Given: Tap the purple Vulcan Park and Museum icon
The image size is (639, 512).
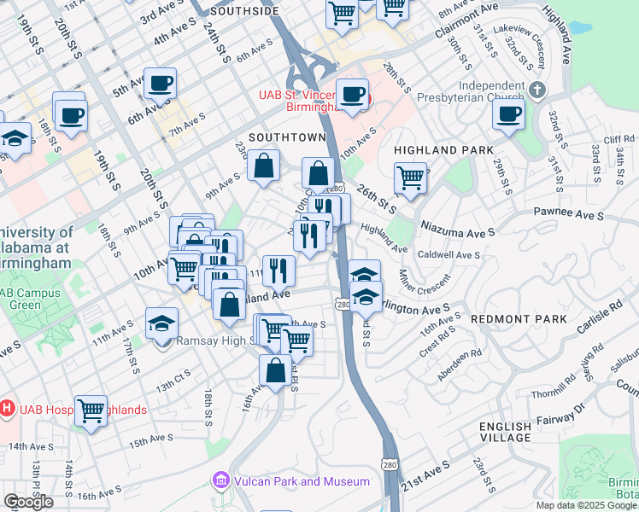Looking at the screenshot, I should point(221,481).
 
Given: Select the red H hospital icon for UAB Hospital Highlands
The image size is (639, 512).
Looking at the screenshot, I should point(7,409).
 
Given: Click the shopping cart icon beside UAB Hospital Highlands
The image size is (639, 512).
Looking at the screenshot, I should point(91,410).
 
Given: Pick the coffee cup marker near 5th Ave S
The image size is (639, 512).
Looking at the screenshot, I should point(160,84).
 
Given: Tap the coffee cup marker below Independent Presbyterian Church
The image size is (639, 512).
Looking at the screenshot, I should point(509,113).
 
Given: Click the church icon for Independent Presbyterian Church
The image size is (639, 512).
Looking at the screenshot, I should point(536,90).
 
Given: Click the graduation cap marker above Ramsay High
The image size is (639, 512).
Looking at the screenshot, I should point(161,323).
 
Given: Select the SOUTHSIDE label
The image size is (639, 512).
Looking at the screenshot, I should point(244,11).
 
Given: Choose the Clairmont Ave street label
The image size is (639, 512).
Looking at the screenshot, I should point(466,20).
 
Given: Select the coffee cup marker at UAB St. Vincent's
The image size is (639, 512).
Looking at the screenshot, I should point(352,95).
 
